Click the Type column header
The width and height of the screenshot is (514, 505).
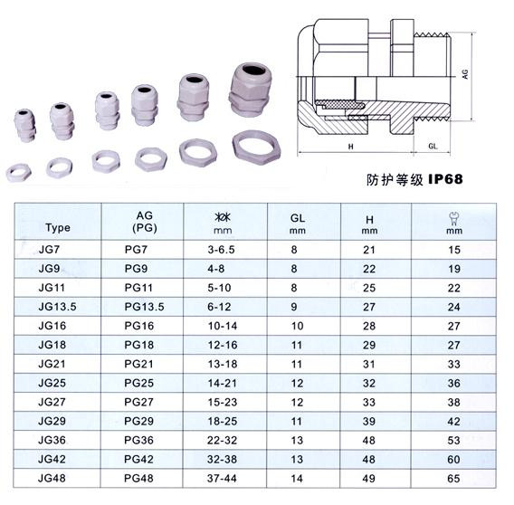coord(58,227)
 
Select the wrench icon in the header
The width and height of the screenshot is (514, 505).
coord(454,218)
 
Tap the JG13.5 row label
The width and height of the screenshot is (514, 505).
coord(57,307)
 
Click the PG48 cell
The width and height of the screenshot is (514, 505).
coord(138,478)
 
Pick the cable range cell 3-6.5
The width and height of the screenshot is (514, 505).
coord(222,250)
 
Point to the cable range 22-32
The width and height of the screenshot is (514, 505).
coord(222,440)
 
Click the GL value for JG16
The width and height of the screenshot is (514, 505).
coord(298,326)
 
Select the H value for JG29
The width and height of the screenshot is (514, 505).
coord(369,421)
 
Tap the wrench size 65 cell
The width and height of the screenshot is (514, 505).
coord(453,479)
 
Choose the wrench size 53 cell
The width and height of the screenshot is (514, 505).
coord(453,440)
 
